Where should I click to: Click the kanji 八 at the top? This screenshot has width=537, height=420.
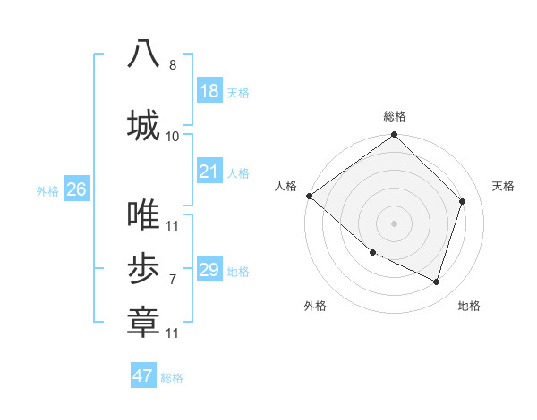143,55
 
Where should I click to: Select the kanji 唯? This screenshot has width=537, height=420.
143,214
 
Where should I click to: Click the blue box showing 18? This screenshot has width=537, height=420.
209,91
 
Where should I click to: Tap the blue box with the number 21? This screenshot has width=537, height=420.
209,172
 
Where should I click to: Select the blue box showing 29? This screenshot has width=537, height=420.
209,270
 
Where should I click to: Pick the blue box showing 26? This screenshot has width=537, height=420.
76,189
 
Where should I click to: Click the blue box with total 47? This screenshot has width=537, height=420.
143,376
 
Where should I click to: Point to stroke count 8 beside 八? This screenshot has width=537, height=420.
173,65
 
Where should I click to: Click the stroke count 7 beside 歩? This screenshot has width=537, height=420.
173,280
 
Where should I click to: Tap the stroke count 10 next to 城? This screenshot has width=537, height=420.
173,136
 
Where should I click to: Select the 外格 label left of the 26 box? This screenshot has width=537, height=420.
47,190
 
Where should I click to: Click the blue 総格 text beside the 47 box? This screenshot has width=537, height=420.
172,378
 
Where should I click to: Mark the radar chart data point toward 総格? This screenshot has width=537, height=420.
394,135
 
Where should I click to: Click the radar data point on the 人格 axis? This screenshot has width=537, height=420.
309,196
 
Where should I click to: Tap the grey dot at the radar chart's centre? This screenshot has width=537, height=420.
394,223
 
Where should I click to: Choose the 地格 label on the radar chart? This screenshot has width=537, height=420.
469,306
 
